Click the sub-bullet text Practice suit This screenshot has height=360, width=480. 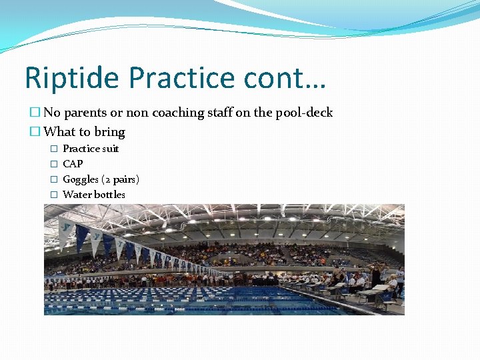[91, 149]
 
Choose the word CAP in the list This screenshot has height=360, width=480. [73, 164]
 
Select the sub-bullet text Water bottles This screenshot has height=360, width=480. [94, 195]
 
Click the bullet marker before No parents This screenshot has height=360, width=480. [35, 113]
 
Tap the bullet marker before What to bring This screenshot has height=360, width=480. [35, 132]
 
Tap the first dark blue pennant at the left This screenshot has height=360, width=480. [81, 237]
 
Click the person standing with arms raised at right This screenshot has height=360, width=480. [376, 273]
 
